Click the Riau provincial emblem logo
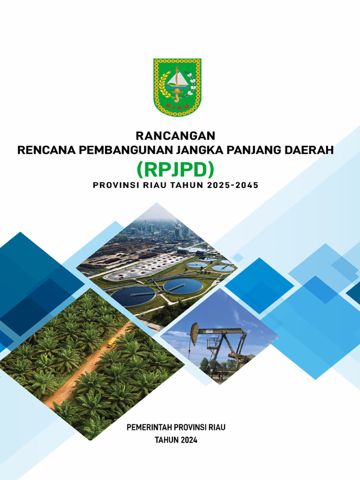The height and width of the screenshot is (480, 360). click(177, 87)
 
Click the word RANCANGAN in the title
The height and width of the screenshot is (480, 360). click(175, 136)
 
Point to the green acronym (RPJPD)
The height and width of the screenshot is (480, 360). click(175, 168)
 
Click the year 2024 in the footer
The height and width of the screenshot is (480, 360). click(188, 440)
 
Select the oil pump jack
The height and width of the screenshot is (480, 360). click(220, 347)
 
